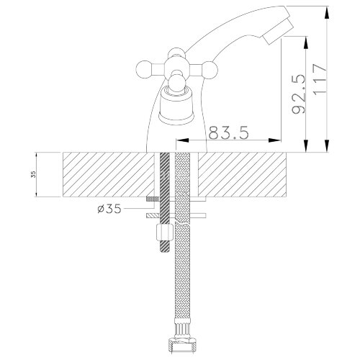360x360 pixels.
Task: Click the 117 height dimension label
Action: click(x=320, y=79)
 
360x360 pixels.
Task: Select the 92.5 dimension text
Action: click(x=299, y=94)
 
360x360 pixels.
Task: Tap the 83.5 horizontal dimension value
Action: click(x=228, y=132)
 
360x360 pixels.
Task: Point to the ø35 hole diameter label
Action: click(x=109, y=209)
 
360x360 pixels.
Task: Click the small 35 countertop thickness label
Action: click(x=34, y=174)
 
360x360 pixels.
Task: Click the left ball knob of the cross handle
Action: click(x=144, y=69)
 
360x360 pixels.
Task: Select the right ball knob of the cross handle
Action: click(x=210, y=69)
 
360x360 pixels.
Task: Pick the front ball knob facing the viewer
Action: click(x=177, y=83)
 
